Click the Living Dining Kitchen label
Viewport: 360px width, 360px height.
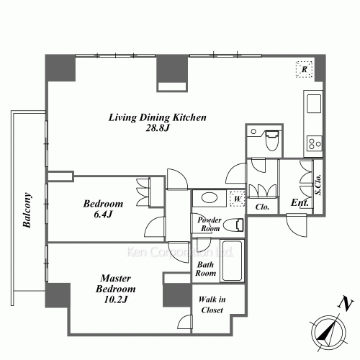pyautogui.click(x=158, y=117)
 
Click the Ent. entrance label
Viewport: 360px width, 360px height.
pyautogui.click(x=300, y=204)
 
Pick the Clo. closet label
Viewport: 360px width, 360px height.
pyautogui.click(x=262, y=207)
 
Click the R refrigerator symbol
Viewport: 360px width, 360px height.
pyautogui.click(x=305, y=69)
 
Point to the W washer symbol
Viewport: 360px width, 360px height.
pyautogui.click(x=236, y=198)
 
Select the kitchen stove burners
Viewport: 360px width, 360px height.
pyautogui.click(x=315, y=143)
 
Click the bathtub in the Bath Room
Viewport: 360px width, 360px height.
pyautogui.click(x=232, y=262)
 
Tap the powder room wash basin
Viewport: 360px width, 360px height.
pyautogui.click(x=210, y=198)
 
